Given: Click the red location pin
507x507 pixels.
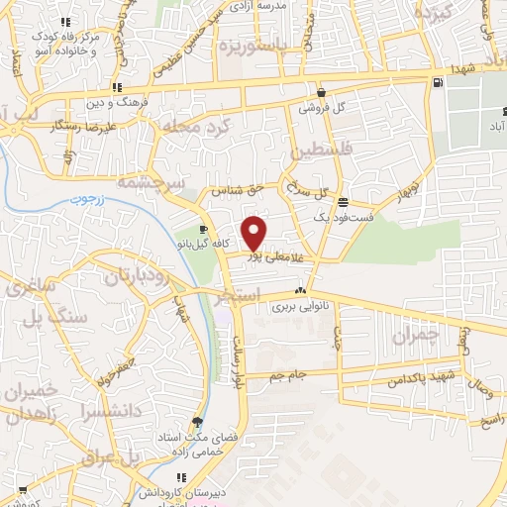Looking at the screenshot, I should tap(254, 232).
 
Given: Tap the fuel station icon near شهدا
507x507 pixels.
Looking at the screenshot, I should tap(437, 82).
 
